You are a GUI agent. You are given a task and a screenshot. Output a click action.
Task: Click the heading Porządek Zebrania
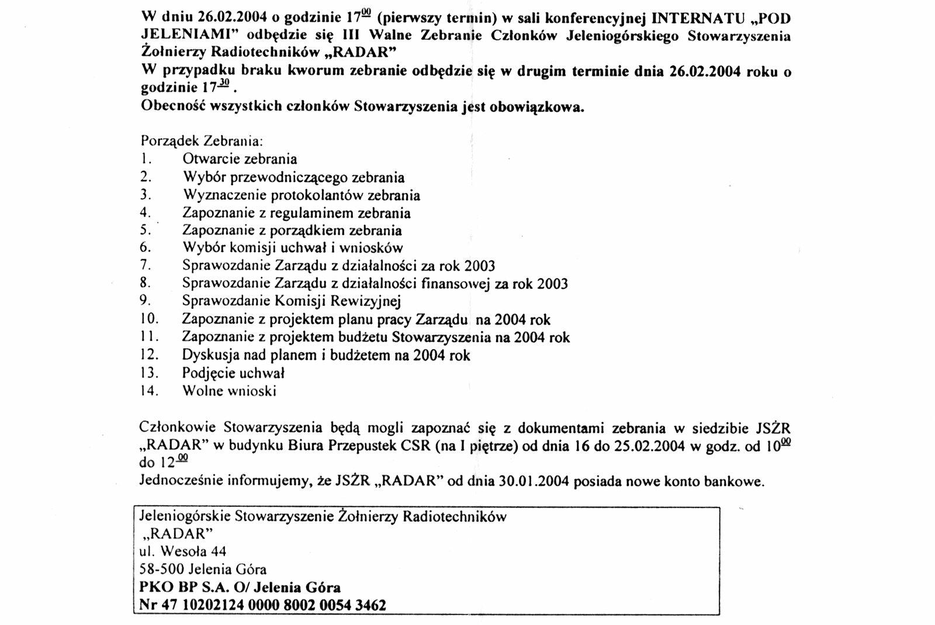pyautogui.click(x=202, y=141)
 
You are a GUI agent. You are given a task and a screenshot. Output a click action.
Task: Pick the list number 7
pyautogui.click(x=146, y=265)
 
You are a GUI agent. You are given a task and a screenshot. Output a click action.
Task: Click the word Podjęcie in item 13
pyautogui.click(x=209, y=373)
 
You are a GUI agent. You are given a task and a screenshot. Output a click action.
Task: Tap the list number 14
pyautogui.click(x=149, y=391)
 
